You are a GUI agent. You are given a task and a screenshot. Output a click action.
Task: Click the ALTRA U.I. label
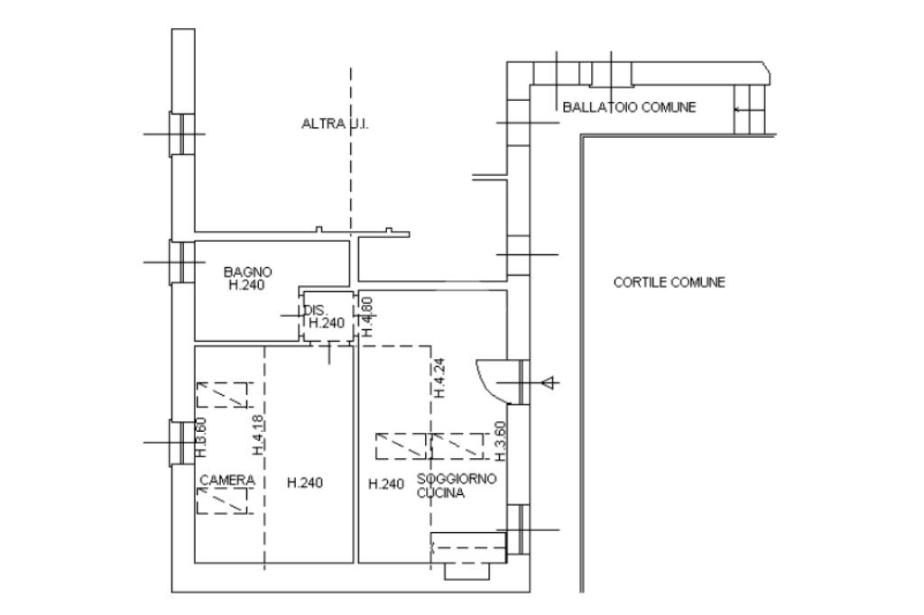[x=335, y=124]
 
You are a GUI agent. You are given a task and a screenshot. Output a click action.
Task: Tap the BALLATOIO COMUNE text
[x=629, y=107]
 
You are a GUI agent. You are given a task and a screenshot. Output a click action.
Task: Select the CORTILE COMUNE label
[x=669, y=282]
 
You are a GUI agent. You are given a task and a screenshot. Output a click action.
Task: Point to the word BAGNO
[x=248, y=271]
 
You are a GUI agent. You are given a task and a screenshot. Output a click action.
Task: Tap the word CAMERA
[x=226, y=481]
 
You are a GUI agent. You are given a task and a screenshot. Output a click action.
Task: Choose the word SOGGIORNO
[x=457, y=480]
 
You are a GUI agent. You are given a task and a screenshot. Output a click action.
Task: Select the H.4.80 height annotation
[x=367, y=316]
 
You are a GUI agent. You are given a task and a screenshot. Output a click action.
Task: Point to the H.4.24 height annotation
[x=439, y=378]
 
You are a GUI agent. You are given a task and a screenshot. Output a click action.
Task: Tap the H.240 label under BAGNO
[x=248, y=285]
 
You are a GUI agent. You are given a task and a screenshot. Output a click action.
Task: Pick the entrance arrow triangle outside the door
[x=548, y=383]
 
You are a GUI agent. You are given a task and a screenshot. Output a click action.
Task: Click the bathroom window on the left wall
[x=183, y=262]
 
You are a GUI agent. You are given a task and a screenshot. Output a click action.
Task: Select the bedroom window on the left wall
[x=183, y=443]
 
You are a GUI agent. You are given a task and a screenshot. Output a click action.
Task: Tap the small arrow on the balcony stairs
[x=741, y=109]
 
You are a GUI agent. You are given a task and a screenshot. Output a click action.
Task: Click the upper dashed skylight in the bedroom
[x=222, y=394]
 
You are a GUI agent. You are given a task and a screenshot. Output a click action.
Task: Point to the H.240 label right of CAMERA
[x=305, y=483]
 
